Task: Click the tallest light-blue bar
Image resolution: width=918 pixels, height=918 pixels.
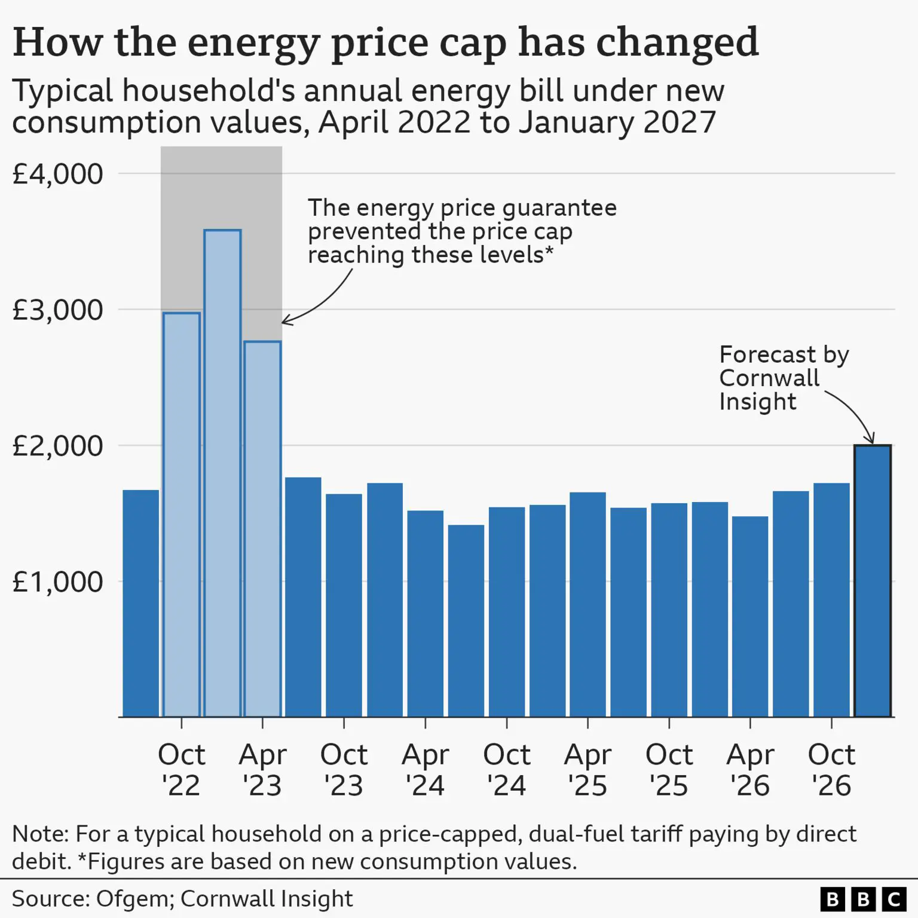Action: pyautogui.click(x=222, y=473)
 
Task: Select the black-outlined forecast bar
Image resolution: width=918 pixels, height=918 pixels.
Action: pyautogui.click(x=873, y=581)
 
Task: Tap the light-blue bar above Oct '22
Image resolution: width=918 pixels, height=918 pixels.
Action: pyautogui.click(x=182, y=515)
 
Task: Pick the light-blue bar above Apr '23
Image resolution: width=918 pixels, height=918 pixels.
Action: pyautogui.click(x=263, y=529)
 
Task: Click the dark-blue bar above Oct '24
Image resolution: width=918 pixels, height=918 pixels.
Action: pyautogui.click(x=507, y=612)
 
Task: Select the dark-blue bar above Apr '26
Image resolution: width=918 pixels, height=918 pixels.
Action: pyautogui.click(x=750, y=617)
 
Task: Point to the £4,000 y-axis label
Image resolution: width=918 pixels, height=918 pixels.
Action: pyautogui.click(x=57, y=174)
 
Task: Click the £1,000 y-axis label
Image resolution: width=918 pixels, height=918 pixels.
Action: pyautogui.click(x=57, y=582)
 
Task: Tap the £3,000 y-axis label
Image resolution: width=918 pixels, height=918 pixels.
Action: pyautogui.click(x=57, y=310)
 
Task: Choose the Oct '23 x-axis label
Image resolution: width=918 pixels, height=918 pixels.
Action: pyautogui.click(x=344, y=770)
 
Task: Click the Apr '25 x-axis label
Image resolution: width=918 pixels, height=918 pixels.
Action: pyautogui.click(x=588, y=770)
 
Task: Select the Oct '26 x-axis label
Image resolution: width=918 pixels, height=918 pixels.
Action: pyautogui.click(x=831, y=770)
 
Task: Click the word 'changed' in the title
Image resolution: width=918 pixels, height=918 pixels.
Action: pyautogui.click(x=678, y=43)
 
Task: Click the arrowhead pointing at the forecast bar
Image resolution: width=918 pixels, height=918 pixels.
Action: pyautogui.click(x=871, y=439)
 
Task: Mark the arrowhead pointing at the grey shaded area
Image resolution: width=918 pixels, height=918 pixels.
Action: pyautogui.click(x=287, y=321)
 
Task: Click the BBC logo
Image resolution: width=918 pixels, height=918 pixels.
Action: pyautogui.click(x=864, y=899)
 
